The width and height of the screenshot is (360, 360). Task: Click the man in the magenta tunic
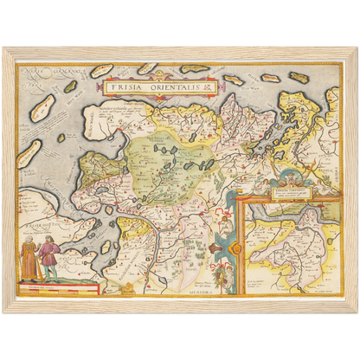[50, 260]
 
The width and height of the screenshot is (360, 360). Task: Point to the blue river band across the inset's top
[299, 208]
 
